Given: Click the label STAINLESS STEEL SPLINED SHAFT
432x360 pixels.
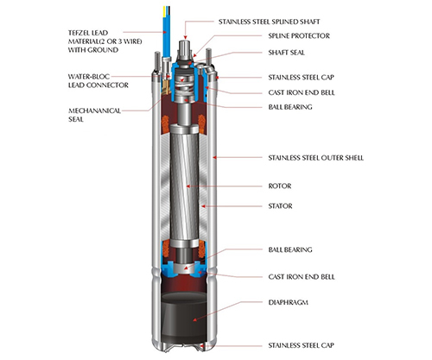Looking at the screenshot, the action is click(269, 22).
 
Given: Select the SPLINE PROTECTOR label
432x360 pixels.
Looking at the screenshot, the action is click(299, 36).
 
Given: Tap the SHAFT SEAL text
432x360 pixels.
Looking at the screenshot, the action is click(286, 53).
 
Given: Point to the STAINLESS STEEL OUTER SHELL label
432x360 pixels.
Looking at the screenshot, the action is click(316, 158).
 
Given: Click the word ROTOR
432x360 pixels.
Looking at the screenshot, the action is click(280, 186).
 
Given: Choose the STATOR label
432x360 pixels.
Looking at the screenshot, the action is click(280, 206).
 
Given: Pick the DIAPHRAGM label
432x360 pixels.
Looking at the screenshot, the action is click(288, 302).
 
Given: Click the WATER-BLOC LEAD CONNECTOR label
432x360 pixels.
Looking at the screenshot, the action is click(98, 81).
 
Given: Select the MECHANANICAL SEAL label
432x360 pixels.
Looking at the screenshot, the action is click(94, 115).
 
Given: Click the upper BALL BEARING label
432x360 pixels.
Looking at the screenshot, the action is click(290, 107).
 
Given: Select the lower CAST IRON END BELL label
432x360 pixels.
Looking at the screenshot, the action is click(302, 277).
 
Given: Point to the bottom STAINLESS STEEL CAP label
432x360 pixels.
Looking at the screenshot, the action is click(302, 345).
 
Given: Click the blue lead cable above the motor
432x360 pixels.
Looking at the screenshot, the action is click(167, 32).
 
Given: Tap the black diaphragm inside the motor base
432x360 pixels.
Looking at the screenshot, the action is click(184, 317).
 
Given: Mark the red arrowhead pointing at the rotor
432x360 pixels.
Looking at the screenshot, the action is click(188, 186).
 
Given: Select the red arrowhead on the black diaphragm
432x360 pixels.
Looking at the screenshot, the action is click(195, 319).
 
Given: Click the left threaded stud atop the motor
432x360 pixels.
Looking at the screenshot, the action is click(157, 61).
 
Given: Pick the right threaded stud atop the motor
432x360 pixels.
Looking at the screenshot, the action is click(208, 60).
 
